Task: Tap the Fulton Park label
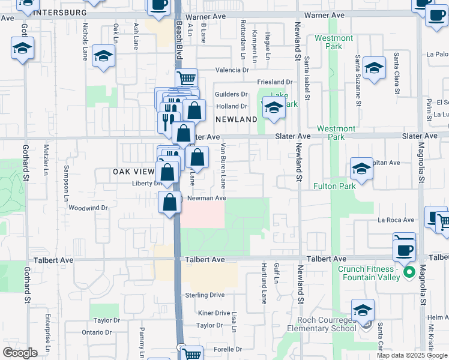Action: tap(335, 186)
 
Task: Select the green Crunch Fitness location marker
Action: tap(410, 273)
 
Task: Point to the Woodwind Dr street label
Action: tap(88, 208)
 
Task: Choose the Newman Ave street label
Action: tap(206, 198)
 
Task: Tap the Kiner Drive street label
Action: tap(214, 313)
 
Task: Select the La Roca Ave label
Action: tap(396, 220)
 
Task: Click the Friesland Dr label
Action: tap(274, 82)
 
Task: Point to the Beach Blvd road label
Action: tap(179, 42)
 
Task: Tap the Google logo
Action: tap(20, 353)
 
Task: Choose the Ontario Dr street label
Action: tap(97, 332)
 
